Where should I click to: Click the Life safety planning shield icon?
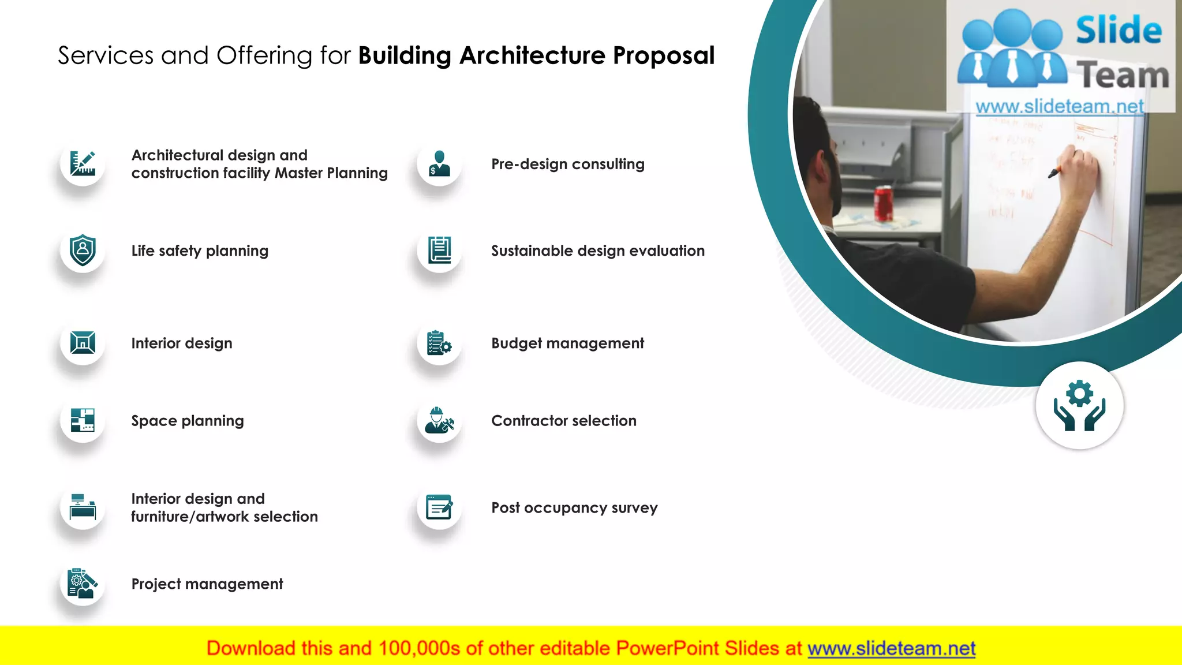(83, 251)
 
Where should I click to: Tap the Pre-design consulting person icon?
(439, 164)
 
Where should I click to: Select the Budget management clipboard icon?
(439, 343)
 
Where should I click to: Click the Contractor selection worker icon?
(439, 420)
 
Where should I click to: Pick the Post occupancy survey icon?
(439, 507)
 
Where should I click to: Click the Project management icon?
(83, 584)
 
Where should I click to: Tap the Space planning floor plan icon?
(83, 420)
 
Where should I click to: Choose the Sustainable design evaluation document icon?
(439, 251)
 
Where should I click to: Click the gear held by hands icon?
(1079, 405)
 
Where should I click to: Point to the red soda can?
(884, 203)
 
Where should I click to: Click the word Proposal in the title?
(664, 56)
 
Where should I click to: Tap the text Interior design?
(182, 343)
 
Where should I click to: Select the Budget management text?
(567, 343)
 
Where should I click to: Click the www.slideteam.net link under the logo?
(1060, 106)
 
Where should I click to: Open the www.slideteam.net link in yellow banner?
(891, 648)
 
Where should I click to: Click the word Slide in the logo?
(1119, 30)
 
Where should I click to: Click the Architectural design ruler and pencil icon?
(83, 163)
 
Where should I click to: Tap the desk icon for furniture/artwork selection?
(83, 507)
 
